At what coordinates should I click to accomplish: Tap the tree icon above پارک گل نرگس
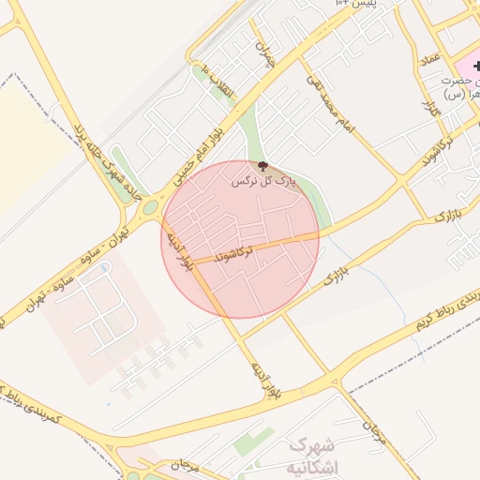tap(262, 167)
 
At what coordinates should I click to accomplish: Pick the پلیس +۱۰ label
tap(359, 5)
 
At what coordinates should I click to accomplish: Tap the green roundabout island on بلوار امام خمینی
tap(151, 207)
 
